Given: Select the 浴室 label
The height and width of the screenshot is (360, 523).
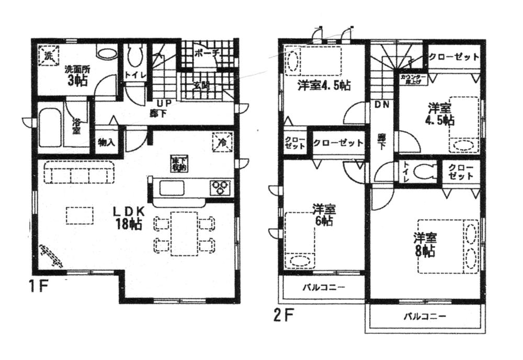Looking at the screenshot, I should click(76, 126).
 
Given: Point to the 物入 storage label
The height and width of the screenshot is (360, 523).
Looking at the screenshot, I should click(105, 142).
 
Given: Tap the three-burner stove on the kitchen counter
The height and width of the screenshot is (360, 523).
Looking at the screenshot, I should click(220, 187).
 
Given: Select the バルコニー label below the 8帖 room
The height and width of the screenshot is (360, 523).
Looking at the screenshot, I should click(424, 317).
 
